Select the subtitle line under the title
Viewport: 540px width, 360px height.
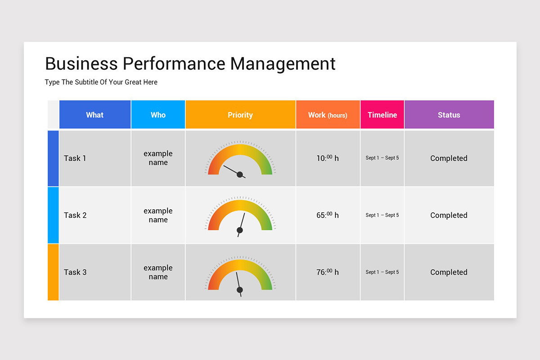pyautogui.click(x=101, y=82)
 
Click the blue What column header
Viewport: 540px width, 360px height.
pyautogui.click(x=95, y=115)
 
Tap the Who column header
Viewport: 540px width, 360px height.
pyautogui.click(x=158, y=115)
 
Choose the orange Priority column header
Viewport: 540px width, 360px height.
pyautogui.click(x=240, y=115)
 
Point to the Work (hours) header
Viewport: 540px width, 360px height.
pyautogui.click(x=328, y=115)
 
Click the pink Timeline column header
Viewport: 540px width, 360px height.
pyautogui.click(x=382, y=115)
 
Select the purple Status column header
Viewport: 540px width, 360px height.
pyautogui.click(x=449, y=115)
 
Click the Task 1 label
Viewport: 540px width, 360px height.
pyautogui.click(x=75, y=158)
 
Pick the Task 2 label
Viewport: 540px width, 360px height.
pyautogui.click(x=75, y=215)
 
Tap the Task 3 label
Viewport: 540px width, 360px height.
pyautogui.click(x=75, y=272)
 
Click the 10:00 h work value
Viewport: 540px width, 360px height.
pyautogui.click(x=328, y=158)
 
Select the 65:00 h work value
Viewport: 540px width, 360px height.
pyautogui.click(x=328, y=215)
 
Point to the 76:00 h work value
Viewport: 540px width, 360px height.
pyautogui.click(x=328, y=272)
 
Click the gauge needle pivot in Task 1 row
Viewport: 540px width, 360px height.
pyautogui.click(x=240, y=175)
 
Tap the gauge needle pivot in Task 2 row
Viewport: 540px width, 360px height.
pyautogui.click(x=240, y=230)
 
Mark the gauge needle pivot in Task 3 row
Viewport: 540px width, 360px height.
pyautogui.click(x=240, y=290)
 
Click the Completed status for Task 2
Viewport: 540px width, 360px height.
pyautogui.click(x=449, y=215)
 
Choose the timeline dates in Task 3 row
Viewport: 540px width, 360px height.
pyautogui.click(x=382, y=272)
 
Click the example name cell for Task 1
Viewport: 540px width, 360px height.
pyautogui.click(x=158, y=158)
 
